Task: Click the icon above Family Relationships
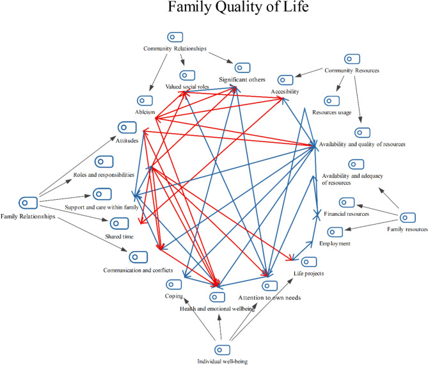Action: pyautogui.click(x=26, y=203)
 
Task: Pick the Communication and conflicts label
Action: pyautogui.click(x=138, y=270)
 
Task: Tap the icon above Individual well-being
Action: pyautogui.click(x=222, y=349)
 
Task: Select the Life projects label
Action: pyautogui.click(x=308, y=273)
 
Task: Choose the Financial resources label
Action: pyautogui.click(x=346, y=213)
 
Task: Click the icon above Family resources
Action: pyautogui.click(x=407, y=217)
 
